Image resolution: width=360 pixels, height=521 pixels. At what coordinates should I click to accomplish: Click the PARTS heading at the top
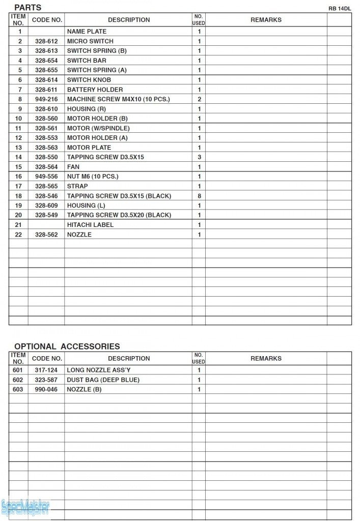coord(27,8)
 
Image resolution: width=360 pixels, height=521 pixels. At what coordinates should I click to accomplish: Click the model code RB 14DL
coord(340,9)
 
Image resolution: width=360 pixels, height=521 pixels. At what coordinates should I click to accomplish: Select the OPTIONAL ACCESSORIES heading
coord(67,346)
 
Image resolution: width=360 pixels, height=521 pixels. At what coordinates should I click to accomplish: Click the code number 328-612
coord(46,41)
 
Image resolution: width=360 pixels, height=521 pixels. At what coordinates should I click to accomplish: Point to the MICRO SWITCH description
coord(90,41)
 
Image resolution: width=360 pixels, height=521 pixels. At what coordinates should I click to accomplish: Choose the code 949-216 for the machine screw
coord(46,99)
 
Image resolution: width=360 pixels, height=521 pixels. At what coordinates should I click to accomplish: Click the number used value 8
coord(199,196)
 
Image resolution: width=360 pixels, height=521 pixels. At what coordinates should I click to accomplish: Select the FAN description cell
coord(73,167)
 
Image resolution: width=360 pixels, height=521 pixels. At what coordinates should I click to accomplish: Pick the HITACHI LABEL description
coord(90,225)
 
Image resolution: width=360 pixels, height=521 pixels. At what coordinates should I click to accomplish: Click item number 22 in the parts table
coord(18,235)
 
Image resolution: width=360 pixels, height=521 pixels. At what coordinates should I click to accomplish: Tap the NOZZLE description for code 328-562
coord(79,235)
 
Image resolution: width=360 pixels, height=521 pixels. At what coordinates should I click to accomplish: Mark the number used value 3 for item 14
coord(199,157)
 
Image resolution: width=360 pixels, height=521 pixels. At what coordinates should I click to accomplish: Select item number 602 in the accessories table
coord(18,380)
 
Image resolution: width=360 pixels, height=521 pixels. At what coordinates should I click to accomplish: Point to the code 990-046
coord(46,390)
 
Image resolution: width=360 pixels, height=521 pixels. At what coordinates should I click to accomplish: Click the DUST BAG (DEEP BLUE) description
coord(103,380)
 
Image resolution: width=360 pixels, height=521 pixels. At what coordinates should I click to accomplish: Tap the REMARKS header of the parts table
coord(266,20)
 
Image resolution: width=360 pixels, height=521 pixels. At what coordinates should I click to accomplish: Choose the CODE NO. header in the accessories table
coord(47,359)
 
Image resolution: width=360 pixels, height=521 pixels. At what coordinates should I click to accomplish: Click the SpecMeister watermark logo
coord(25,507)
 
